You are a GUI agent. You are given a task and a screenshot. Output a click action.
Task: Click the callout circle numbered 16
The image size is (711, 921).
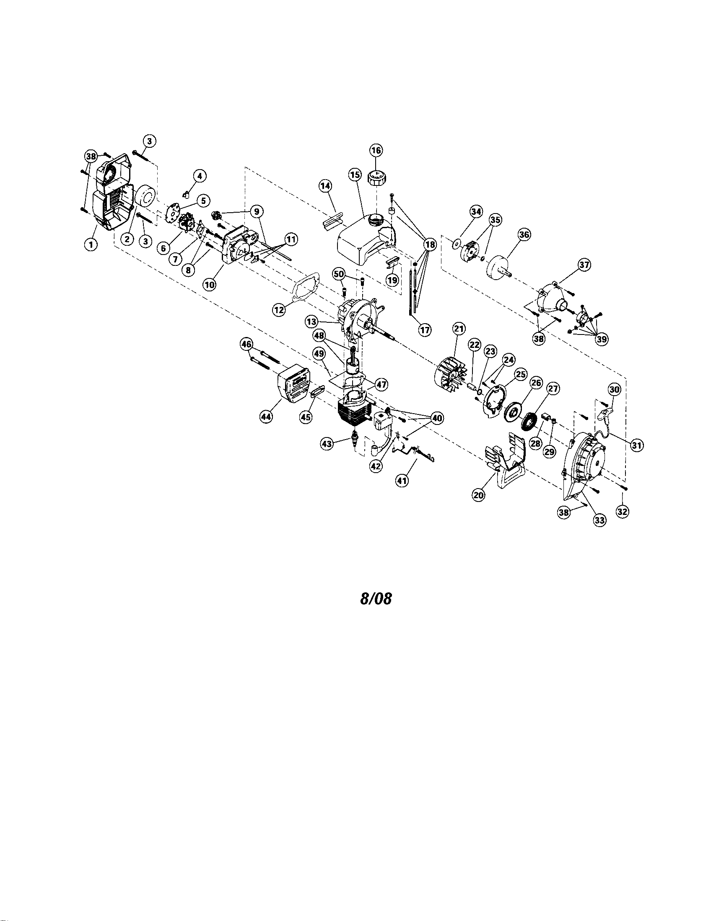pyautogui.click(x=376, y=150)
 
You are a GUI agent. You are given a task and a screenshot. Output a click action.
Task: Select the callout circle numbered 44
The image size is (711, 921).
pyautogui.click(x=265, y=417)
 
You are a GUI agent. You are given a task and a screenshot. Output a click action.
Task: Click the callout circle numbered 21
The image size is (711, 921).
pyautogui.click(x=459, y=328)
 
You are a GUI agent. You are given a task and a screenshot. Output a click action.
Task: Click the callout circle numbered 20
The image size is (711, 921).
pyautogui.click(x=478, y=495)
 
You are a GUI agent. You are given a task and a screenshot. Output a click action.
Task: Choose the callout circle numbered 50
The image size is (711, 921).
pyautogui.click(x=339, y=275)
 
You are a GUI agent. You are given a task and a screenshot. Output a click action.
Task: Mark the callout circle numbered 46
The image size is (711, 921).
pyautogui.click(x=247, y=344)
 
